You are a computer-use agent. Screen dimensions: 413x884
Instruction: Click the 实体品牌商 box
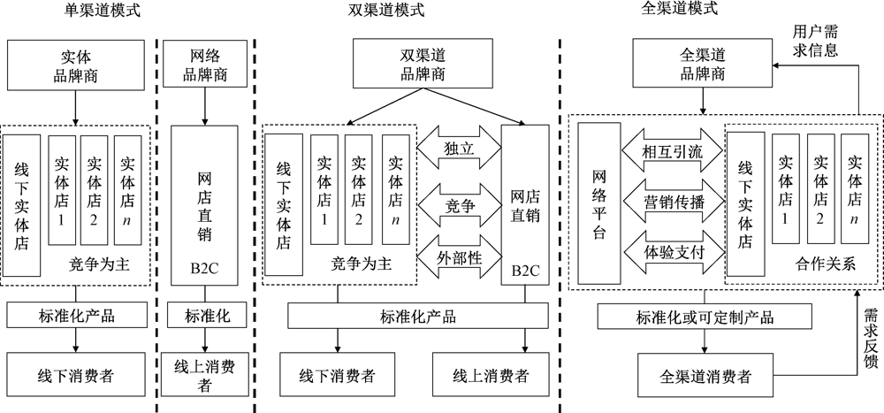point(76,65)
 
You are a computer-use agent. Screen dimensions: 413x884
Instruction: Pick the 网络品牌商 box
point(205,65)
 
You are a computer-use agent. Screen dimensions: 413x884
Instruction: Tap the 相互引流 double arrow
point(674,151)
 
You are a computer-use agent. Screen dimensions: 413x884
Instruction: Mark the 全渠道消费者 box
point(705,376)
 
